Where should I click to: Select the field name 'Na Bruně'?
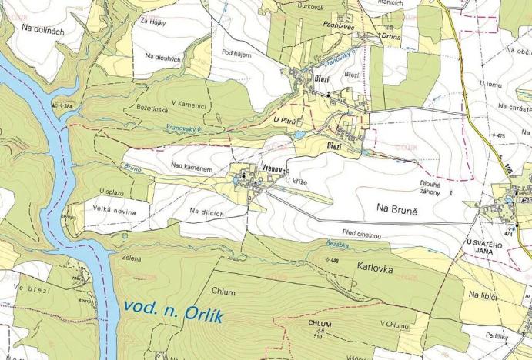coord(396,208)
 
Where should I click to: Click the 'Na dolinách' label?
coord(43,30)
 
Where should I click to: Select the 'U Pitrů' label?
coord(284,122)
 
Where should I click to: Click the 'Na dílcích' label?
coord(206,211)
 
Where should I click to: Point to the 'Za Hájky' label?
coord(153,21)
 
